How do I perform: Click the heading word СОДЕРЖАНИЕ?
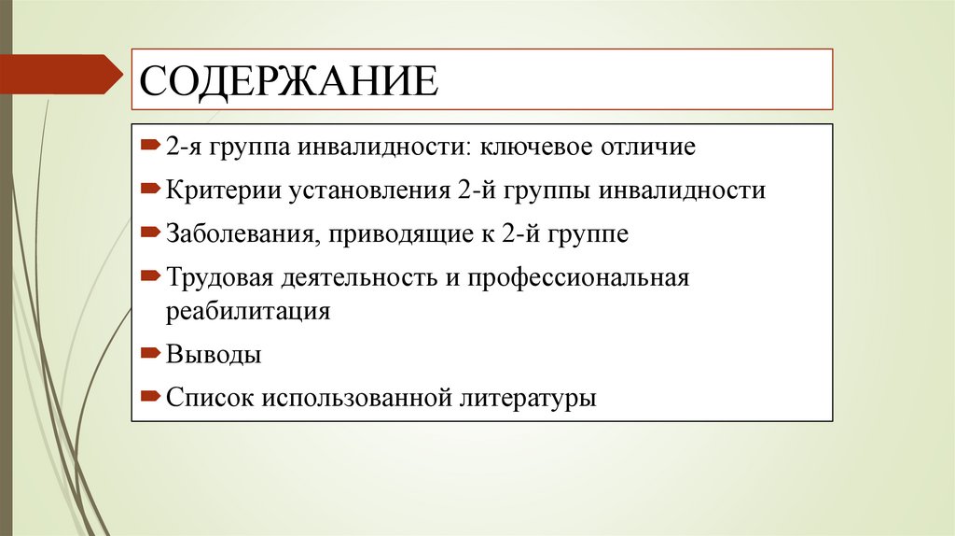pyautogui.click(x=288, y=79)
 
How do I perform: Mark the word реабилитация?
pyautogui.click(x=249, y=311)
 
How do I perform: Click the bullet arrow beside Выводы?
pyautogui.click(x=151, y=354)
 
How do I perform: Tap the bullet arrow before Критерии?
pyautogui.click(x=151, y=190)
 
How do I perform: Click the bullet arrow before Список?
pyautogui.click(x=151, y=397)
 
